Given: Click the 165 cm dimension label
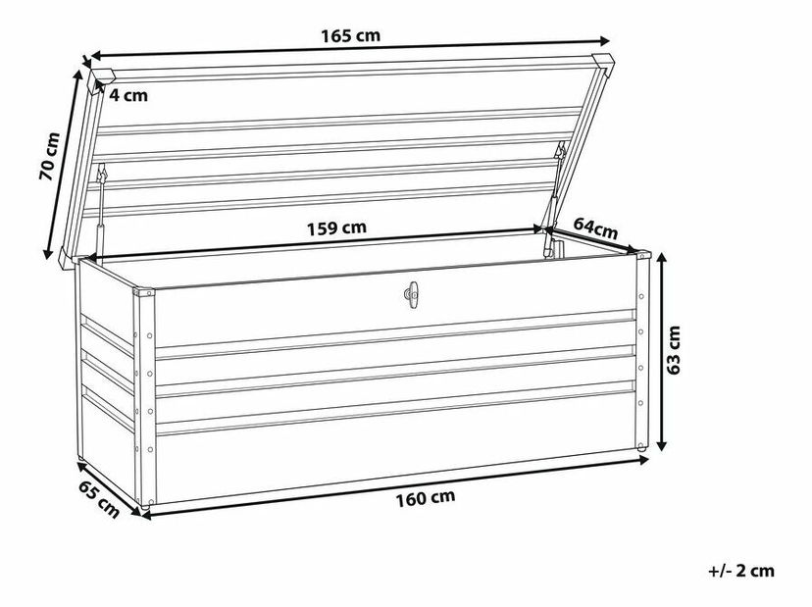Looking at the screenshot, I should (350, 36).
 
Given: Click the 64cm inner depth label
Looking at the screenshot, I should (595, 228).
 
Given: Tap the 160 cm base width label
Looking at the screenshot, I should (427, 498).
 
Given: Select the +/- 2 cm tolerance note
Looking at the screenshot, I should (736, 570).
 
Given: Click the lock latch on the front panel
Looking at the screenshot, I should (409, 293).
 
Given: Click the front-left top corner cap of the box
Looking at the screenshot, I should (144, 292).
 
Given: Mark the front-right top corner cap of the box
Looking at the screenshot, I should (642, 256).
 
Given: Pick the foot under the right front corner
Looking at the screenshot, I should (640, 451).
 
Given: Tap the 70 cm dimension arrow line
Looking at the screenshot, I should (62, 163).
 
